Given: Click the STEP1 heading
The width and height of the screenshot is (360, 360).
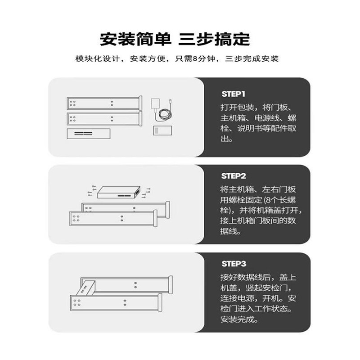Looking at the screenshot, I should click(x=233, y=94).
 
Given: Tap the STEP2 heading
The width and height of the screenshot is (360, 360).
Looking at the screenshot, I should click(x=233, y=176).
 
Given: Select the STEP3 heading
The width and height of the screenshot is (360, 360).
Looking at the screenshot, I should click(x=233, y=264).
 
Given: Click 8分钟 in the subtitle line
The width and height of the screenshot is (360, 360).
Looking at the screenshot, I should click(x=203, y=59).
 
